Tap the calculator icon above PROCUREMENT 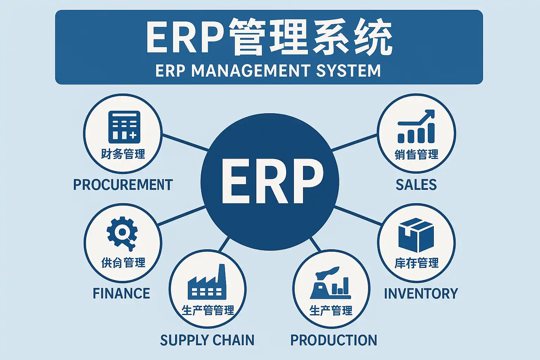click(x=124, y=127)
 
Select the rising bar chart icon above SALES click(x=416, y=127)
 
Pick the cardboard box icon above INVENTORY click(x=416, y=234)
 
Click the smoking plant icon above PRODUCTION click(x=331, y=283)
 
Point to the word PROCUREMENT click(x=123, y=185)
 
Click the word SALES click(x=416, y=185)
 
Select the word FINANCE click(x=121, y=294)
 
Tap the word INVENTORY click(x=421, y=294)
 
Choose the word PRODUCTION click(x=334, y=340)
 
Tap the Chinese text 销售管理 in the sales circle click(x=417, y=155)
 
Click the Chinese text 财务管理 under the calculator click(x=123, y=154)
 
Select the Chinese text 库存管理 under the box click(x=417, y=263)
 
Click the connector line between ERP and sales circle click(x=354, y=142)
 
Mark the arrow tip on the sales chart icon click(x=432, y=113)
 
